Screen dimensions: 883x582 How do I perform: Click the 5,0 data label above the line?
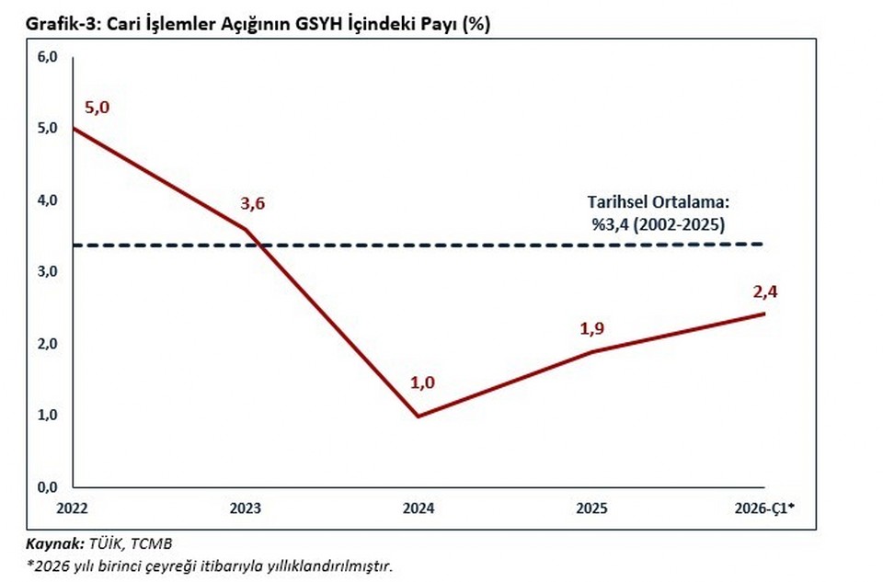tap(97, 108)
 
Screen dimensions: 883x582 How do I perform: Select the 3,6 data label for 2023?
tap(252, 203)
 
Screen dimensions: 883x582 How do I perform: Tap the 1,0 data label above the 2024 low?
tap(422, 382)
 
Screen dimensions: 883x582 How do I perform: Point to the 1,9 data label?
tap(591, 328)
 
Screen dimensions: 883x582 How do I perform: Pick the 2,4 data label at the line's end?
tap(764, 291)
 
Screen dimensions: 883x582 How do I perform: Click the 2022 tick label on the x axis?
tap(72, 508)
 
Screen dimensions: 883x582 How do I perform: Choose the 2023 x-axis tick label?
tap(246, 508)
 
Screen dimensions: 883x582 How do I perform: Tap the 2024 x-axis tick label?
tap(419, 508)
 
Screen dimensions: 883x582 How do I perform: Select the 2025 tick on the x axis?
tap(591, 508)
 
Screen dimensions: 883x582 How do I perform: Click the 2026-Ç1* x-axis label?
tap(764, 508)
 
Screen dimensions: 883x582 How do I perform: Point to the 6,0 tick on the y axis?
tap(48, 57)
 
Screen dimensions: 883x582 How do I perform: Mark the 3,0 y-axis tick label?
tap(48, 271)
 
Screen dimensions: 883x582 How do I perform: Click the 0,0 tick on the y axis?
tap(48, 487)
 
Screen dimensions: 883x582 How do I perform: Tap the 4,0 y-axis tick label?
tap(48, 200)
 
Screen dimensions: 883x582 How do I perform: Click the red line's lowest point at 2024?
tap(419, 416)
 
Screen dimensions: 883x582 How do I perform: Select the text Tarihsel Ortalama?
tap(659, 202)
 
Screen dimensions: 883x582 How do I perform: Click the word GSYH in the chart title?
tap(320, 24)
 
